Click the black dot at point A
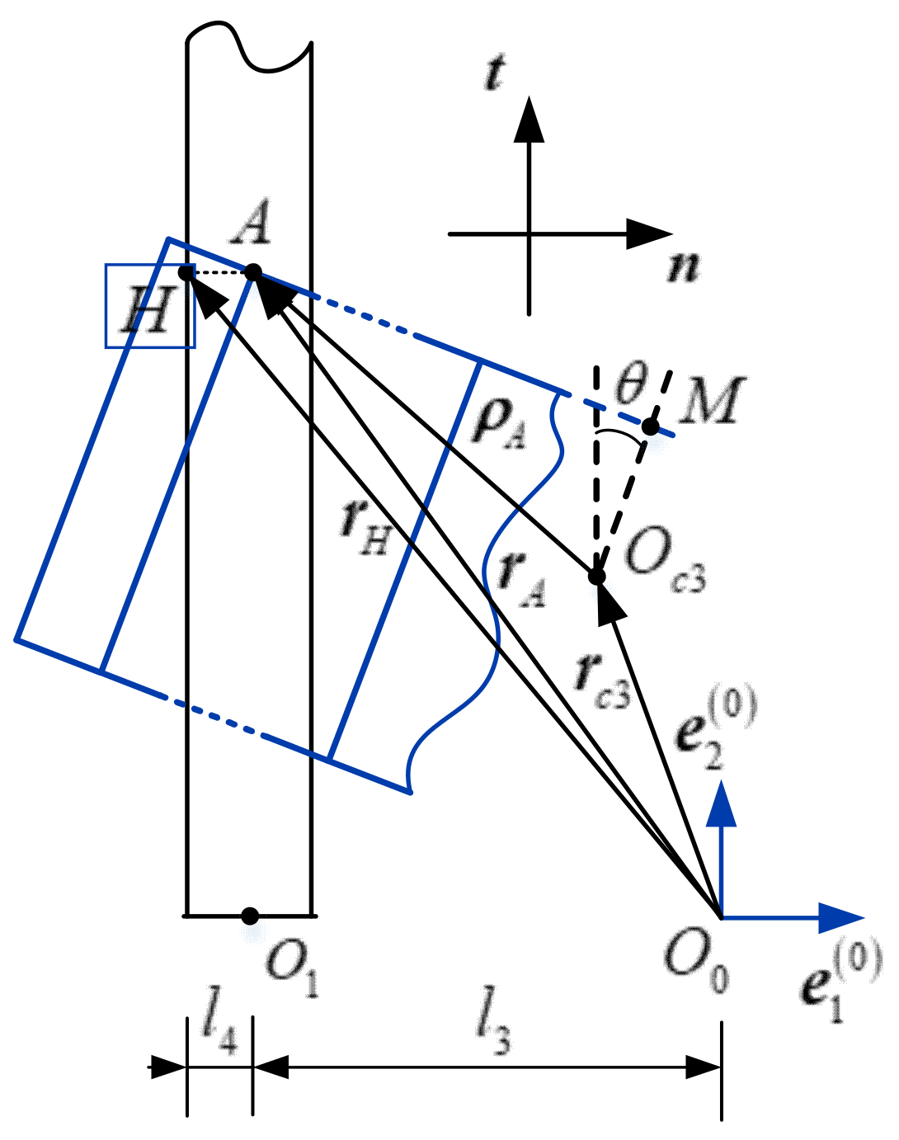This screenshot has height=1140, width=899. pos(253,271)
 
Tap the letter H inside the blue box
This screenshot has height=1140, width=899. pos(148,311)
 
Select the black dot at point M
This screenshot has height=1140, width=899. pos(651,426)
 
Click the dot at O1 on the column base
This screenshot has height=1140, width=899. pos(251,916)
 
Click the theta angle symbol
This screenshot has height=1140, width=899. pos(633,382)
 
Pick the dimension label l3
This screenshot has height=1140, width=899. pos(493,1032)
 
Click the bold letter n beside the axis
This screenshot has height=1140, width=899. pos(683,266)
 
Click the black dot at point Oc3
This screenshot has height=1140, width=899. pos(597,576)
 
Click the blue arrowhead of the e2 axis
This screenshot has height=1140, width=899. pos(722,803)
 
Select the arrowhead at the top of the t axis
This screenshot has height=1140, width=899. pos(529,120)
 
